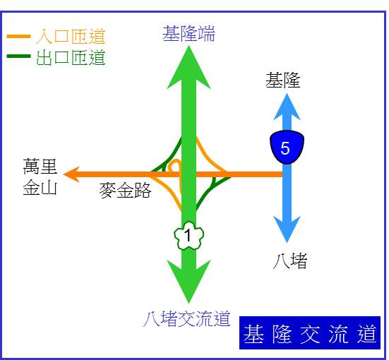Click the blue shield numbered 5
click(x=287, y=147)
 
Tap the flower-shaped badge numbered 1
click(x=188, y=235)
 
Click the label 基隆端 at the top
click(x=188, y=33)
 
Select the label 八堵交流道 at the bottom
click(x=187, y=318)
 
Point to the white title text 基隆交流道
click(x=310, y=334)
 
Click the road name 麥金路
click(x=125, y=191)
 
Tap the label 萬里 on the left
click(x=40, y=167)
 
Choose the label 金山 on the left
click(x=40, y=187)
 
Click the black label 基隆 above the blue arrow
click(x=283, y=80)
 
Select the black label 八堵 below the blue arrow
click(x=290, y=260)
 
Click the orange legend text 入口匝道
click(x=71, y=37)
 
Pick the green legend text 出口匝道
click(x=71, y=58)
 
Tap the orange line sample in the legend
click(x=18, y=37)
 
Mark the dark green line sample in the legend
click(x=18, y=56)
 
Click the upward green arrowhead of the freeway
click(x=188, y=67)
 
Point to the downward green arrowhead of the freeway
click(x=188, y=282)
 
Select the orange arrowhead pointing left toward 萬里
click(x=71, y=174)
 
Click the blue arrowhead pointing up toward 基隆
click(x=287, y=107)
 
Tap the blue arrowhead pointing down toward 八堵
click(x=287, y=229)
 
